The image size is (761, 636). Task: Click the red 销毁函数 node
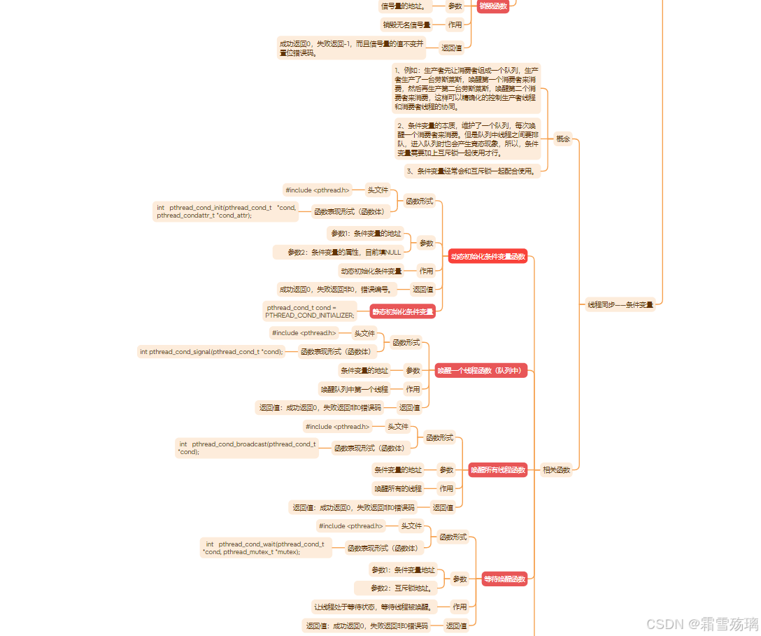493,6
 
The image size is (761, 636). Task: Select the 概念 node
563,139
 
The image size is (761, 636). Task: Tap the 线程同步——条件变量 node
620,305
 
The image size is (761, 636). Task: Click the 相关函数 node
557,470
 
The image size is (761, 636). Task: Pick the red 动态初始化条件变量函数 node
488,257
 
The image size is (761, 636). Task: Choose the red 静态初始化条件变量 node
402,311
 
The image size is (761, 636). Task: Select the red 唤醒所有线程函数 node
497,470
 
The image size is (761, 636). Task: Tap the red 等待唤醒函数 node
504,579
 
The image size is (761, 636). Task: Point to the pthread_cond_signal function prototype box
211,352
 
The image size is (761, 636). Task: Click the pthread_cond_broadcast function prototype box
248,448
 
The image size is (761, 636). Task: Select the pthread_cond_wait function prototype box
266,548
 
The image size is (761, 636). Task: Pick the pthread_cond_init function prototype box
226,211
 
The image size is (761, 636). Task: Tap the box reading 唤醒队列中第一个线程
354,389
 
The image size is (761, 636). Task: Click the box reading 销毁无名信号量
406,24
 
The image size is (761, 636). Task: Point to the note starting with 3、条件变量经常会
472,171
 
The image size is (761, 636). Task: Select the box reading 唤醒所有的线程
398,488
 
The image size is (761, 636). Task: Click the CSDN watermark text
702,623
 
